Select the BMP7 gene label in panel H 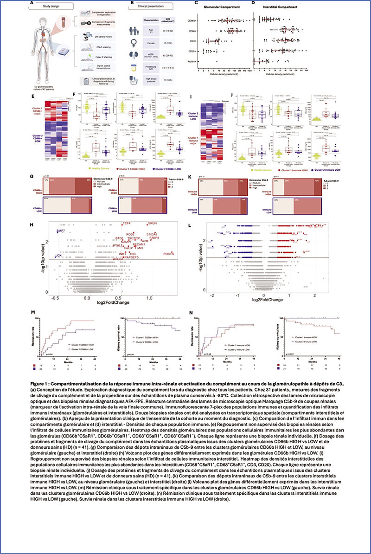(x=61, y=231)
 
